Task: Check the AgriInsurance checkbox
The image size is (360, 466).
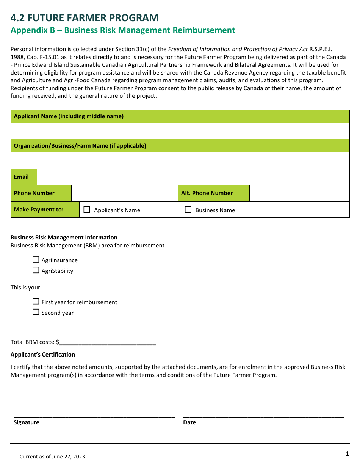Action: point(36,260)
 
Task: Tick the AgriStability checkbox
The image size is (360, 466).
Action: point(36,270)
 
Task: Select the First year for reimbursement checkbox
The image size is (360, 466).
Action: point(36,302)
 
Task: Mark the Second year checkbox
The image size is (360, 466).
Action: point(36,312)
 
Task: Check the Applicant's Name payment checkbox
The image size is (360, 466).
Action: point(87,210)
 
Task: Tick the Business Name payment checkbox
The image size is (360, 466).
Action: point(188,210)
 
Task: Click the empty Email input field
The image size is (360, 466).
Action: point(193,177)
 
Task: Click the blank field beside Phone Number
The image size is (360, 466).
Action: point(125,193)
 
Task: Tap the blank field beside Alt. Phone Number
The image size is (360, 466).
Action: point(299,193)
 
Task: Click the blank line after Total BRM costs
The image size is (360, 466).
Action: point(108,342)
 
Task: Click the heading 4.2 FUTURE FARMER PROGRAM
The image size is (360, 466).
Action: point(85,18)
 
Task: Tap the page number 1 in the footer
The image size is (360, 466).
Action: point(347,453)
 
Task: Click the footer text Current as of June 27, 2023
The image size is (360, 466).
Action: point(52,457)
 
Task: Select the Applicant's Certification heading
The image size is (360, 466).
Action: point(43,355)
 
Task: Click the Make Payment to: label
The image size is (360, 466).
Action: point(39,210)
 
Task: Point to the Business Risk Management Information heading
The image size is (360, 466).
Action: point(64,238)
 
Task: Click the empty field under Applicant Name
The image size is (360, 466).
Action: point(180,131)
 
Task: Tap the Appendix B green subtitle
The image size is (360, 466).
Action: point(123,30)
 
